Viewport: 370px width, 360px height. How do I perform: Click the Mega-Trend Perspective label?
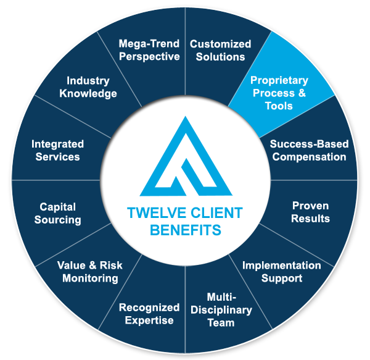[149, 50]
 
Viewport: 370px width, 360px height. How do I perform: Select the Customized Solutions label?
[220, 50]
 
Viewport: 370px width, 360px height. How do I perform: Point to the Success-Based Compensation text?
[309, 151]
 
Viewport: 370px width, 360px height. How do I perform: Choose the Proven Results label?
[310, 212]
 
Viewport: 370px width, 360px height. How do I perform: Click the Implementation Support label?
[282, 272]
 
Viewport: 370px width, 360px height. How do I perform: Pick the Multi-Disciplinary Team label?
[221, 310]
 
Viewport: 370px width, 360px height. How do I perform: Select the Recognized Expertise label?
[149, 314]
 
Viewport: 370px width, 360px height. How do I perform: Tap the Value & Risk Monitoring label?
[90, 272]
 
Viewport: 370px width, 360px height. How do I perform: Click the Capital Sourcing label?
[57, 213]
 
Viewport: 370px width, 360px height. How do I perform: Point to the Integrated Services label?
[57, 151]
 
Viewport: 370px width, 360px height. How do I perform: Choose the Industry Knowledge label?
[88, 87]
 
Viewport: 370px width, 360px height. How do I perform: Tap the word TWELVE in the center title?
[157, 212]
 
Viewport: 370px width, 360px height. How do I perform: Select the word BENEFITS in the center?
[186, 230]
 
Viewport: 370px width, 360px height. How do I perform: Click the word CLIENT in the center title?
[216, 212]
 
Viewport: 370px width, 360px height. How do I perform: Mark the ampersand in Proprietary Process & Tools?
[302, 93]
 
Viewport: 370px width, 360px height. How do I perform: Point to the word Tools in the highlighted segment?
[279, 106]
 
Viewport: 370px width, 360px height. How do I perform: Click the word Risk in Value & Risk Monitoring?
[111, 266]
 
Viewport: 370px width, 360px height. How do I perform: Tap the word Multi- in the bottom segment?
[221, 297]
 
